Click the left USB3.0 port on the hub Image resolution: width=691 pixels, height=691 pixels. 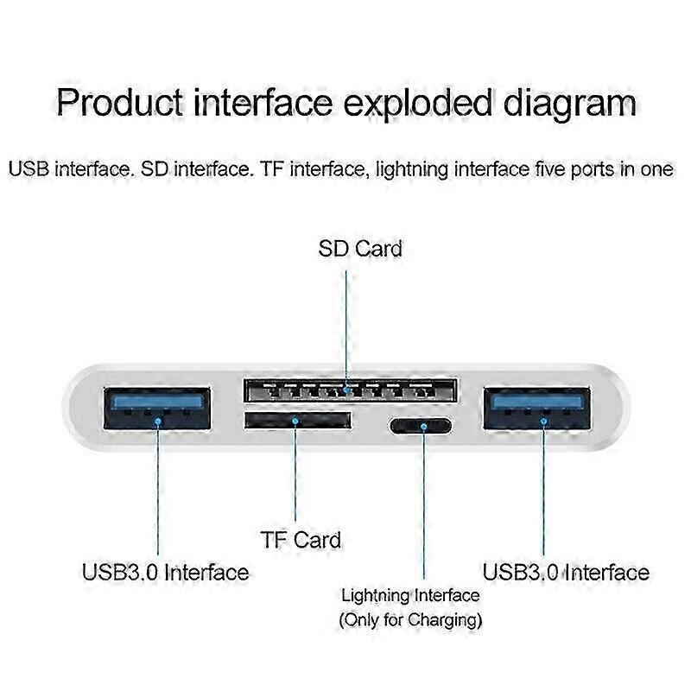point(156,409)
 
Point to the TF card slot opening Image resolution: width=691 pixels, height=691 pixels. point(298,421)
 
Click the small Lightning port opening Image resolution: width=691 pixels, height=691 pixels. point(421,425)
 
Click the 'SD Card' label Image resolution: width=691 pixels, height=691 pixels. point(360,249)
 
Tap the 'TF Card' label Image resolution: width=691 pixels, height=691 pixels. point(301,540)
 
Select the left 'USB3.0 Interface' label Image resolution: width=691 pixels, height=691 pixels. point(165,572)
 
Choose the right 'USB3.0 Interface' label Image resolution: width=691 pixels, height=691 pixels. point(566,572)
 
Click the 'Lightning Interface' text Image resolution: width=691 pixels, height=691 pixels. point(410,595)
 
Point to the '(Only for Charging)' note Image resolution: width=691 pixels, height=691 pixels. point(410,619)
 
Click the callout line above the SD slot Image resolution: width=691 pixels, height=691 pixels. point(346,320)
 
